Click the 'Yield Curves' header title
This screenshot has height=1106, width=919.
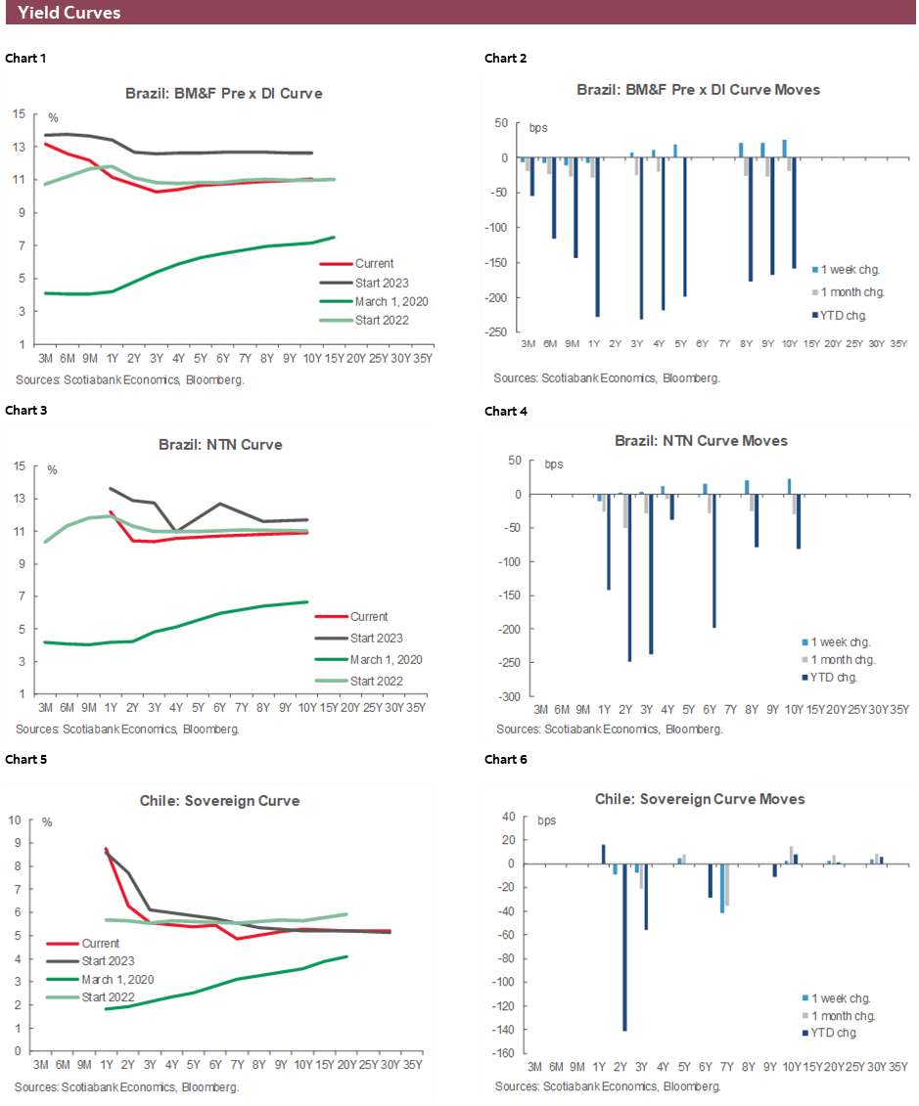point(69,13)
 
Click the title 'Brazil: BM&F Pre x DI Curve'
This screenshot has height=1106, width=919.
point(223,94)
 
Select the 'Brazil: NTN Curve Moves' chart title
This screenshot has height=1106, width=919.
point(701,441)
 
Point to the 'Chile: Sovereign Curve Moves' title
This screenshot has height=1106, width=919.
point(700,799)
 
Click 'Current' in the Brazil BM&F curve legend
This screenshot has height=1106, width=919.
point(374,263)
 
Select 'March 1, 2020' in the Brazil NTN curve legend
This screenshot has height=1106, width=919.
point(386,659)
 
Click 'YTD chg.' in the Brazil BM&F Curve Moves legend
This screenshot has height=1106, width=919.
point(841,316)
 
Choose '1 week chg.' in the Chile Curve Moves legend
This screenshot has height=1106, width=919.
point(838,998)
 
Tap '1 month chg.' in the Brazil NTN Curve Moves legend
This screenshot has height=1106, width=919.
point(840,660)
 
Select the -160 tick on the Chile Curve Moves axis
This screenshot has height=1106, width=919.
point(501,1053)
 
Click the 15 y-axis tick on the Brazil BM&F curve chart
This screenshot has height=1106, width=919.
point(19,114)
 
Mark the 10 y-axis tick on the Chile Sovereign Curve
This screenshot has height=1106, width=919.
point(16,818)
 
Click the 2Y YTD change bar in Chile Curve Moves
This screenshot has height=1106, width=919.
point(624,947)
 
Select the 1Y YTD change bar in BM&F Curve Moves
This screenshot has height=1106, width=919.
point(597,237)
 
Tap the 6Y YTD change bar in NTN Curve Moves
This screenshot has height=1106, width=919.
point(714,560)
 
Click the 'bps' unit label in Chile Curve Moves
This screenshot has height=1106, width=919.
point(546,820)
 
